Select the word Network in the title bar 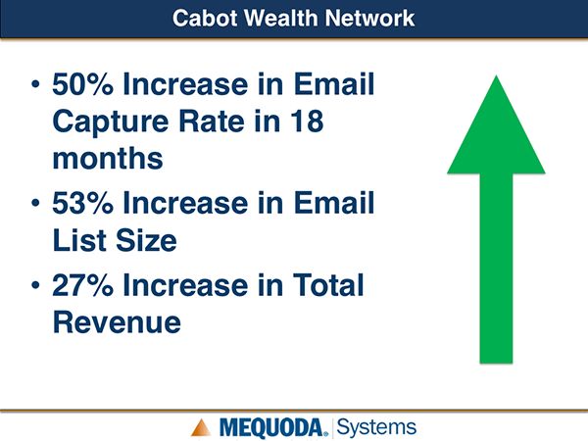tap(370, 18)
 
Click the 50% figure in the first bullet tap(82, 84)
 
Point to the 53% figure tap(82, 203)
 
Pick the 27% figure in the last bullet tap(82, 285)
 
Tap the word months tap(108, 158)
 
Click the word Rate tap(213, 122)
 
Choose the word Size tap(146, 240)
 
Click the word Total tap(328, 285)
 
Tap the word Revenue tap(117, 322)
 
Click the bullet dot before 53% tap(35, 203)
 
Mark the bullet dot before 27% tap(35, 285)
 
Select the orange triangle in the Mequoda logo tap(201, 427)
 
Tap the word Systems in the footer tap(376, 427)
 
